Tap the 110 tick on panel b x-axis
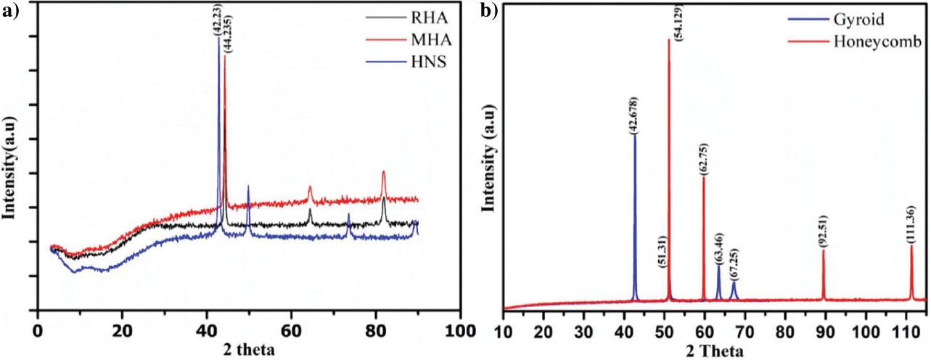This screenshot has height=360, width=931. (x=905, y=333)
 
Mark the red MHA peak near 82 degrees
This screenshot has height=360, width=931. (x=383, y=173)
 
